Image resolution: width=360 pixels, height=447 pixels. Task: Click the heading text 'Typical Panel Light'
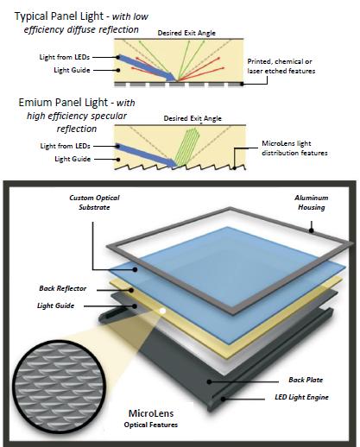[x=59, y=16]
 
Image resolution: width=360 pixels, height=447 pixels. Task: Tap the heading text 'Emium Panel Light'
[x=63, y=103]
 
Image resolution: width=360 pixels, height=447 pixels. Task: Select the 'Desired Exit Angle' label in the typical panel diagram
[x=186, y=33]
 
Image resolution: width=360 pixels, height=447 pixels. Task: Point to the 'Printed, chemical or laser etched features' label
[x=281, y=66]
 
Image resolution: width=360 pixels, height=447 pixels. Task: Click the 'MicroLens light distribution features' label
[x=294, y=148]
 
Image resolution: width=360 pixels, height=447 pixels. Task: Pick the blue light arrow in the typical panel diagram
[x=148, y=67]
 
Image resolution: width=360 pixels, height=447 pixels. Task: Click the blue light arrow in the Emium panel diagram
[x=148, y=155]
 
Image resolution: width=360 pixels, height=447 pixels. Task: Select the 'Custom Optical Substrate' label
[x=94, y=203]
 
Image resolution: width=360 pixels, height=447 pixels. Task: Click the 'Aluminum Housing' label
[x=312, y=203]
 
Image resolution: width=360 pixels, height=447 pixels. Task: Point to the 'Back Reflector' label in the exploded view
[x=63, y=288]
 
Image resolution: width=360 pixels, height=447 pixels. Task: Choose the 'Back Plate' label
[x=306, y=380]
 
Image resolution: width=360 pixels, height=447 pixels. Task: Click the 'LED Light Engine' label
[x=301, y=397]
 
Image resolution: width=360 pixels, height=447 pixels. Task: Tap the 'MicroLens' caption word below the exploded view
[x=151, y=413]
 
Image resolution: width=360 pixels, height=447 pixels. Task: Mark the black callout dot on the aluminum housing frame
[x=311, y=230]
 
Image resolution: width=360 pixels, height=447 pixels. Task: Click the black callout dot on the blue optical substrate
[x=135, y=269]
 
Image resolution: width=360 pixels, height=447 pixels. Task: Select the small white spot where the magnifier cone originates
[x=162, y=311]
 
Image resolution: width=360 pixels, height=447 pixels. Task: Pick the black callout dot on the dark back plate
[x=210, y=381]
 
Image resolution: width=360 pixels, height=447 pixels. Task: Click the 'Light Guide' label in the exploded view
[x=56, y=305]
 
